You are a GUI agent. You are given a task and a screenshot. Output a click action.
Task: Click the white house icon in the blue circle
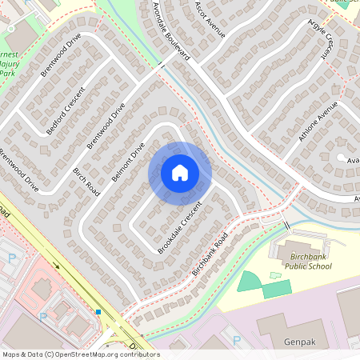(x=180, y=172)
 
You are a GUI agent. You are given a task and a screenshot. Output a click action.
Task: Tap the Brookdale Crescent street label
(x=180, y=229)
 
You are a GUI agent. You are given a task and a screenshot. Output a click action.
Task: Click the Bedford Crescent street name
(x=66, y=115)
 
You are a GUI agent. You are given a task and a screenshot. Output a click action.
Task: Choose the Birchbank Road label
(x=210, y=254)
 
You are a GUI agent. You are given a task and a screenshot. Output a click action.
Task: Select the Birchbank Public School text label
(x=308, y=260)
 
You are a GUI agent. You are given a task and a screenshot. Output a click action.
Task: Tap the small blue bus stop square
(x=98, y=311)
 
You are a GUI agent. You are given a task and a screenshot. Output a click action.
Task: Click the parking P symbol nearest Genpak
(x=236, y=341)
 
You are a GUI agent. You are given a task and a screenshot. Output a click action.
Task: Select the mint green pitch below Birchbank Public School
(x=250, y=281)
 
